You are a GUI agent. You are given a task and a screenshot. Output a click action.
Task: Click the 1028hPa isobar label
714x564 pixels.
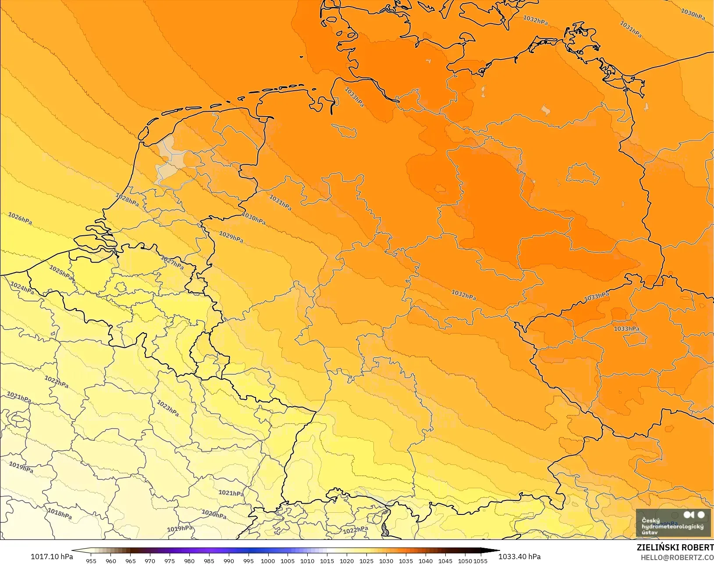click(x=127, y=200)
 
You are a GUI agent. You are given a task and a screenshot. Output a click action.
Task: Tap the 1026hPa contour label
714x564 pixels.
click(x=20, y=218)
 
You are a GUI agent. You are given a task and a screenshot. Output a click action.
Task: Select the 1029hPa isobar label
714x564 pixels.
click(x=231, y=237)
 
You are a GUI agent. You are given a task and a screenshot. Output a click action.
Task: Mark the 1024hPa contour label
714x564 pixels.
click(x=22, y=288)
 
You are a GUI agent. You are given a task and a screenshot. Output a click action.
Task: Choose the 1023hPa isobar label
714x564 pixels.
click(x=168, y=408)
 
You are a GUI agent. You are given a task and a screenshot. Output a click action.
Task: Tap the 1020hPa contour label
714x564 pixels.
click(x=214, y=514)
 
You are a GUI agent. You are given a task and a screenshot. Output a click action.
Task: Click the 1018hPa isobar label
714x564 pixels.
click(x=60, y=513)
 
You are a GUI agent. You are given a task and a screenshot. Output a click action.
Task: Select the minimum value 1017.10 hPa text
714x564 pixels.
click(x=52, y=557)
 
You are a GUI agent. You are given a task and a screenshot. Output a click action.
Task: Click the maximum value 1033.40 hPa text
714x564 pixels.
click(x=519, y=557)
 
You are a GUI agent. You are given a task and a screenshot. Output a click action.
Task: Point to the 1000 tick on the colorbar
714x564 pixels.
click(x=268, y=560)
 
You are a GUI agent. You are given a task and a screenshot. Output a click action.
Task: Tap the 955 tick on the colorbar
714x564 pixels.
click(x=91, y=560)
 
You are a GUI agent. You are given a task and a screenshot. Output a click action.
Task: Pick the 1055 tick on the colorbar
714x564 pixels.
click(x=480, y=560)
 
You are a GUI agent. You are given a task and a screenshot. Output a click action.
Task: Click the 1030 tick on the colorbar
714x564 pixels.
click(x=386, y=560)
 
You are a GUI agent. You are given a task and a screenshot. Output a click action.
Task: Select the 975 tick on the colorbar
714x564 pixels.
click(x=170, y=560)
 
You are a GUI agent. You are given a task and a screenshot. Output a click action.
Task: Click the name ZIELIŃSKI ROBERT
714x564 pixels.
click(x=675, y=548)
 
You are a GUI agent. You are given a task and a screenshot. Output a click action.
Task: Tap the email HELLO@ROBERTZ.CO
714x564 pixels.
click(x=677, y=557)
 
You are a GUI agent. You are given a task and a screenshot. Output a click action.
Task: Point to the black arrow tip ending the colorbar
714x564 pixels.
click(x=497, y=551)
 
